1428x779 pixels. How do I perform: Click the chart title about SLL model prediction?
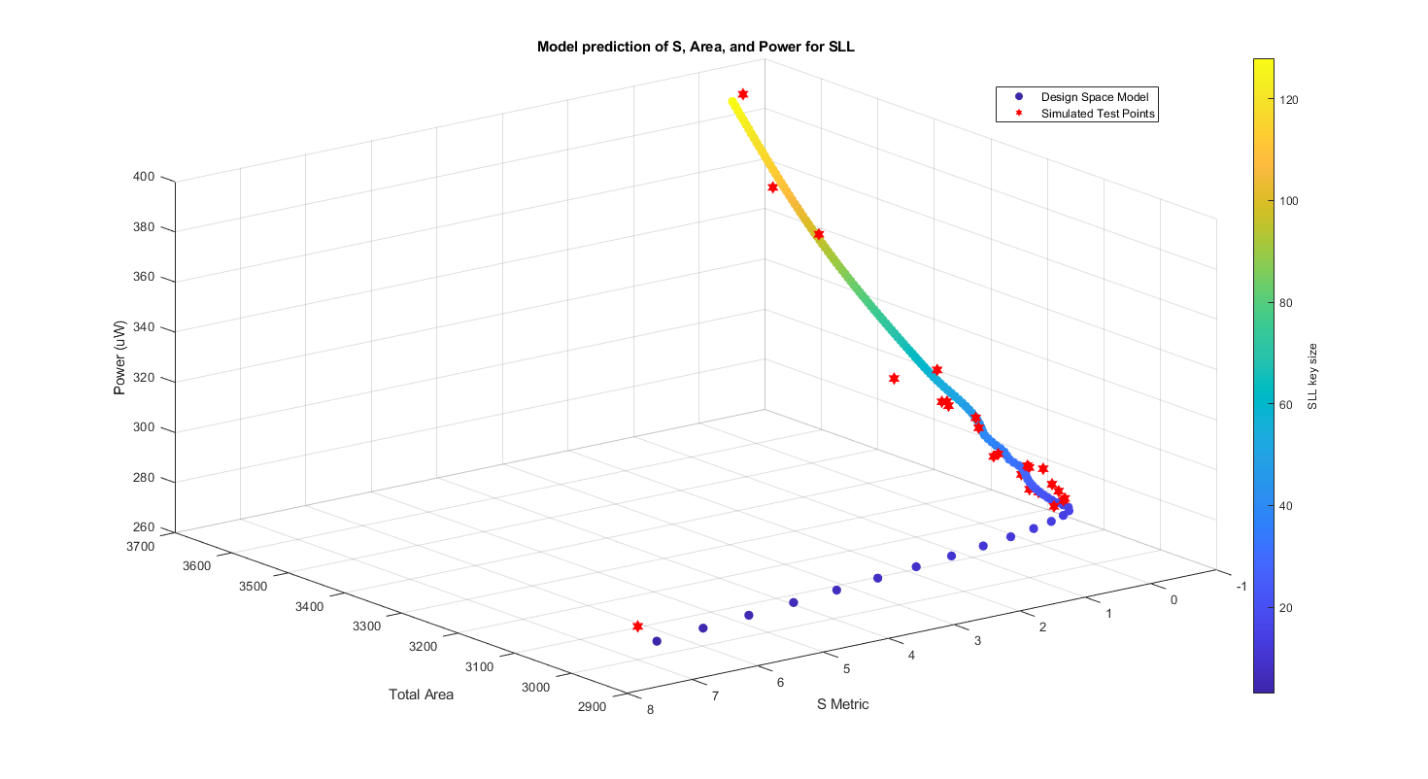pyautogui.click(x=696, y=47)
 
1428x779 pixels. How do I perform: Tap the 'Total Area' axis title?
pyautogui.click(x=421, y=694)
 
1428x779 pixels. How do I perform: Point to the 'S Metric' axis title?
pyautogui.click(x=842, y=704)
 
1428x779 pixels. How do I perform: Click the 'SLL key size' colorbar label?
pyautogui.click(x=1311, y=376)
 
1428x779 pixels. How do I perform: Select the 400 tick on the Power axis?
pyautogui.click(x=144, y=177)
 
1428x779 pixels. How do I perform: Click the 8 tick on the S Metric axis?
pyautogui.click(x=649, y=709)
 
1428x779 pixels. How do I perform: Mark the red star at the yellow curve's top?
pyautogui.click(x=743, y=94)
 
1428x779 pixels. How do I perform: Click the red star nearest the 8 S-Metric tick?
pyautogui.click(x=637, y=627)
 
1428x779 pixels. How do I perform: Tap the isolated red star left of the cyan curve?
pyautogui.click(x=894, y=378)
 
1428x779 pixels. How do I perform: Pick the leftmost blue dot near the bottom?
pyautogui.click(x=657, y=641)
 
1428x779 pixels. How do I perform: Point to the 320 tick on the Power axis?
pyautogui.click(x=144, y=379)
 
